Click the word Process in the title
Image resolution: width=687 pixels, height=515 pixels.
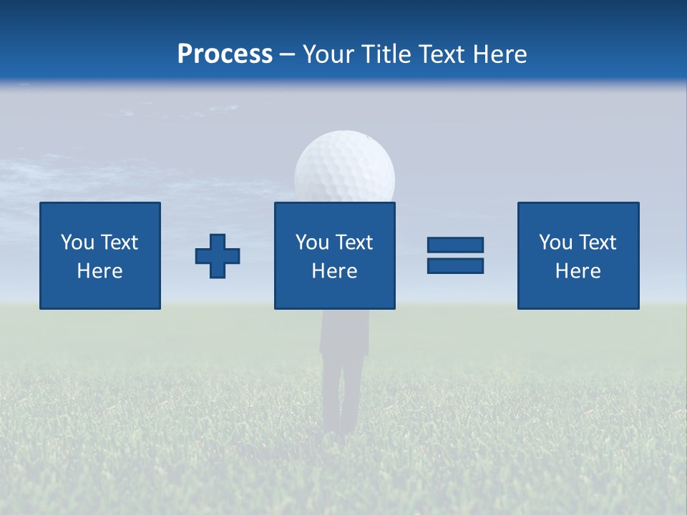[x=225, y=54]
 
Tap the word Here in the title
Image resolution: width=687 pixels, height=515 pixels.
[x=498, y=54]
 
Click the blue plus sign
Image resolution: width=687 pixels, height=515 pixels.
[x=218, y=256]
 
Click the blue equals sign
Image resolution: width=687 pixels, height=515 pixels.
[x=455, y=255]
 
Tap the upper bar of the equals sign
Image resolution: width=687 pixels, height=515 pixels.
[x=455, y=245]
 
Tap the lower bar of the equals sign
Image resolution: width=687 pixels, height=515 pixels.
[x=455, y=265]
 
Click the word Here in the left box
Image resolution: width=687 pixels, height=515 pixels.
[x=99, y=271]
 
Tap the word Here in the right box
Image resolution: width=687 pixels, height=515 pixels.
[x=578, y=271]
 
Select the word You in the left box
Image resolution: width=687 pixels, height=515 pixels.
[x=77, y=242]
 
